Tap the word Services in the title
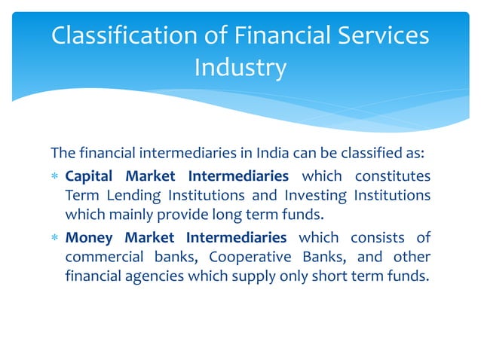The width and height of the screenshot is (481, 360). tap(377, 36)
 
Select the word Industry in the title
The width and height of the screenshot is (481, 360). tap(240, 68)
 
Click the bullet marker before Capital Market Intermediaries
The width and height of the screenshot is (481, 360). tap(54, 177)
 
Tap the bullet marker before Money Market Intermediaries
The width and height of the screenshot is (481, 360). tap(54, 239)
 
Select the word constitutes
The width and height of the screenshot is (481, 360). tap(388, 176)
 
